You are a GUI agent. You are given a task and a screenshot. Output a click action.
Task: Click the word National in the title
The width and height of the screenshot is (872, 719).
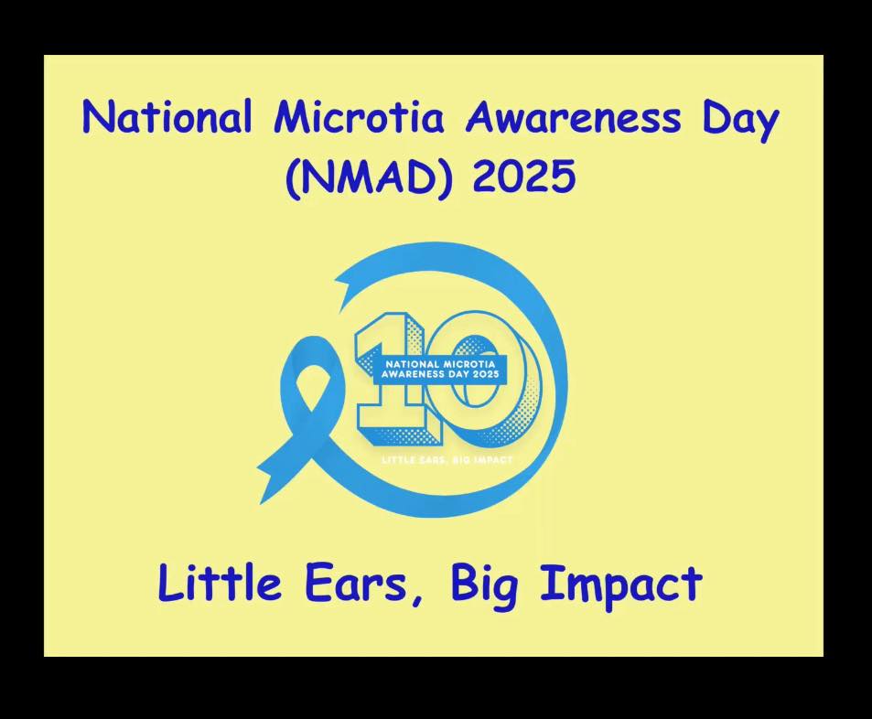tap(167, 116)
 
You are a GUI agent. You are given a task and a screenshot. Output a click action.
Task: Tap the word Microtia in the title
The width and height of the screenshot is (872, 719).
tap(359, 116)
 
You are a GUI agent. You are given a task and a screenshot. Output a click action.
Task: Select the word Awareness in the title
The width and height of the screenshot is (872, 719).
tap(573, 117)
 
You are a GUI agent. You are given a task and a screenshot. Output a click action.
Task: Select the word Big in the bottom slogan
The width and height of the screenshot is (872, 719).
tap(484, 586)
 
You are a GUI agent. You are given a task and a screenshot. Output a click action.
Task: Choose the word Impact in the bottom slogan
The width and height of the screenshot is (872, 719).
tap(621, 586)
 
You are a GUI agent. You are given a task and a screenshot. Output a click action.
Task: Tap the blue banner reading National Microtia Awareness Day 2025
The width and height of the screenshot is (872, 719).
tap(439, 369)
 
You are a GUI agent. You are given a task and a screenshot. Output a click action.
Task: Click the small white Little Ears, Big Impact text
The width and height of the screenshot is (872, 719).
tap(447, 460)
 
